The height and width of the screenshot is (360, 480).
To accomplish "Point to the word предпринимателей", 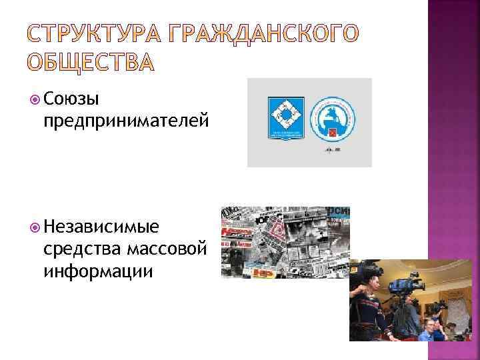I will pos(125,120).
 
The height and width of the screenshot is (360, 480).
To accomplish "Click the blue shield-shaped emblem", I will pos(285,118).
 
